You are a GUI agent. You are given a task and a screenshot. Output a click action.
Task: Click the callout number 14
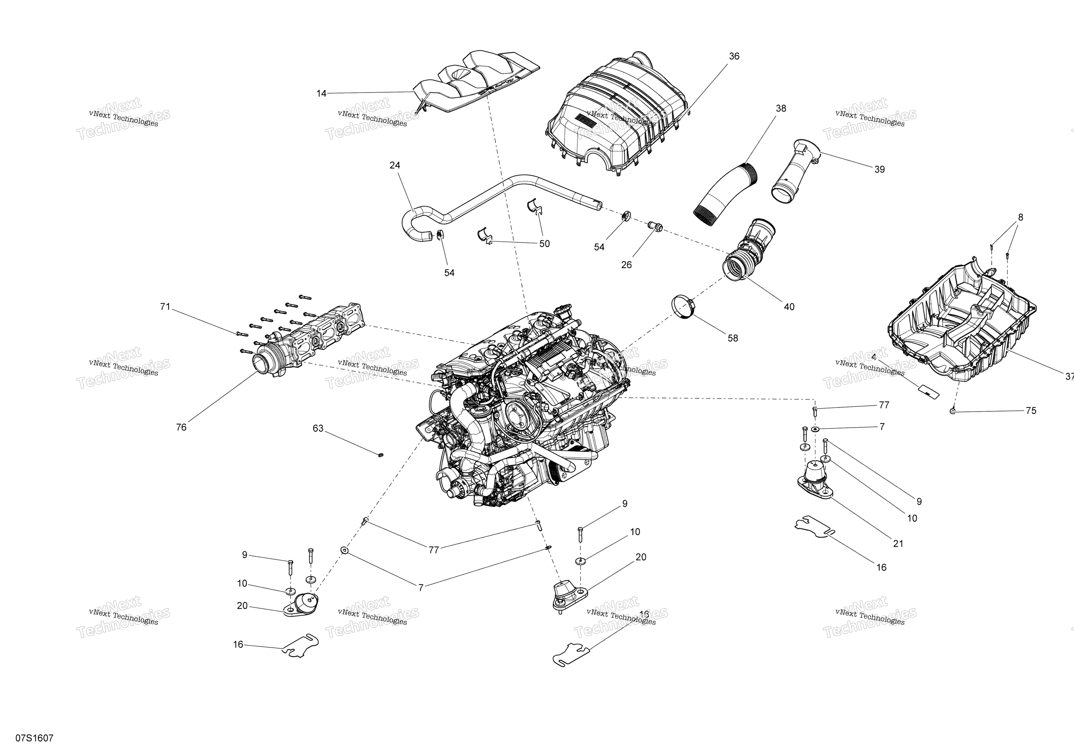coord(321,94)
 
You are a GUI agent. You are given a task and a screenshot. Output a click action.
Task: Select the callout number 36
coord(734,56)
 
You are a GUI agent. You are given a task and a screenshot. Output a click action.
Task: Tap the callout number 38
coord(781,109)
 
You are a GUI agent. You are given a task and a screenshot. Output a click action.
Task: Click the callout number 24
coord(395,166)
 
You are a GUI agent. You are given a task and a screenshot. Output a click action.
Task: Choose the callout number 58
coord(733,338)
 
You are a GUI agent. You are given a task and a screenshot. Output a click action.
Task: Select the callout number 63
coord(318,428)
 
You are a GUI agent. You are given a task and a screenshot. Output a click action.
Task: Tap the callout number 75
coord(1031,411)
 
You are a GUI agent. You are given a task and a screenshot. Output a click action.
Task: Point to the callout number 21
coord(898,544)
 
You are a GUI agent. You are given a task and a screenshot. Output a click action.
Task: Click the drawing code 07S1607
coord(34,738)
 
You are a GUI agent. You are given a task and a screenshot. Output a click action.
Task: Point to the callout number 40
coord(789,307)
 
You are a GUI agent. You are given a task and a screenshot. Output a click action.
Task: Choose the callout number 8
coord(1020,217)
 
